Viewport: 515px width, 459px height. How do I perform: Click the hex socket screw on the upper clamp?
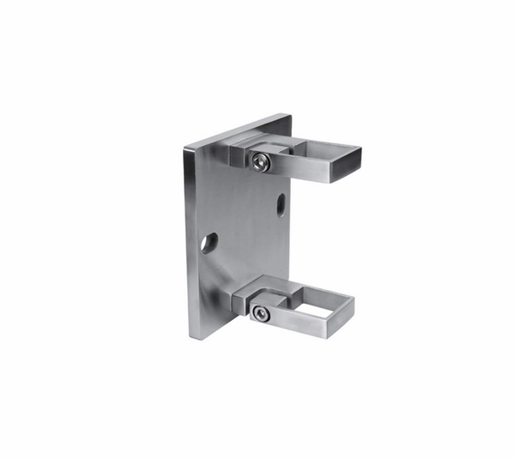point(261,161)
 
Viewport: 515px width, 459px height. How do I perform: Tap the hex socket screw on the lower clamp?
point(261,314)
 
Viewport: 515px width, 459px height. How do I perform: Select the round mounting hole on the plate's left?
point(209,242)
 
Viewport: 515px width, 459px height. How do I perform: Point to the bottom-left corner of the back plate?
point(191,337)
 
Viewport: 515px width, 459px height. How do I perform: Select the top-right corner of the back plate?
point(290,115)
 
